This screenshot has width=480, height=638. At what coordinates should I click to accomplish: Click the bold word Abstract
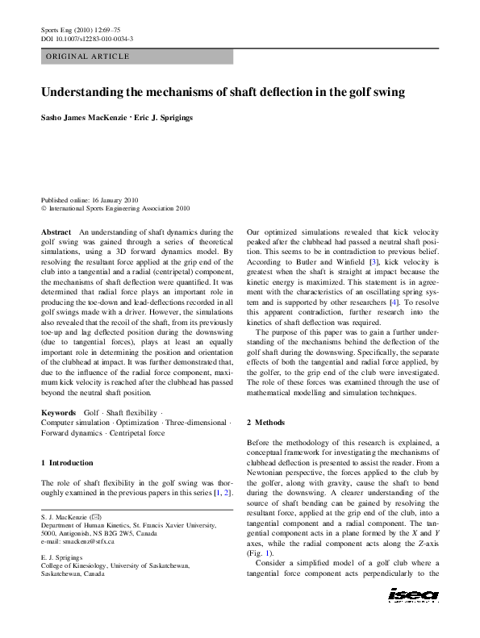pyautogui.click(x=56, y=231)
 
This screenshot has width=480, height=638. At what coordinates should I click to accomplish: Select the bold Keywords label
pyautogui.click(x=58, y=412)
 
